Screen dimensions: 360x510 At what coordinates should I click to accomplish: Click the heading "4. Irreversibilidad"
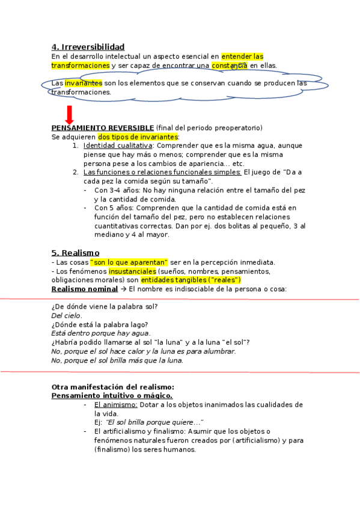pyautogui.click(x=88, y=47)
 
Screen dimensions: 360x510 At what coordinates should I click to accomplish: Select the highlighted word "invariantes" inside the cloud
pyautogui.click(x=84, y=83)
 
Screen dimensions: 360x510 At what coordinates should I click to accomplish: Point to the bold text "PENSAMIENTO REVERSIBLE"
pyautogui.click(x=102, y=128)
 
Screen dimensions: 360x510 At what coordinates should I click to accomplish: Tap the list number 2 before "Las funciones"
pyautogui.click(x=76, y=172)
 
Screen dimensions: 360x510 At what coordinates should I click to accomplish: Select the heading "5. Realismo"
pyautogui.click(x=76, y=253)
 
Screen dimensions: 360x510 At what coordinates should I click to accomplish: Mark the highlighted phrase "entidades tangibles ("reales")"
pyautogui.click(x=191, y=280)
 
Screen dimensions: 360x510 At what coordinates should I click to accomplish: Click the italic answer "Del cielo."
pyautogui.click(x=67, y=316)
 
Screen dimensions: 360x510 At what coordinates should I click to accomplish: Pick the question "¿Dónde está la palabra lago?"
pyautogui.click(x=100, y=325)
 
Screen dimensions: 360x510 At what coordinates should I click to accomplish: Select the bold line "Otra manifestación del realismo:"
pyautogui.click(x=113, y=387)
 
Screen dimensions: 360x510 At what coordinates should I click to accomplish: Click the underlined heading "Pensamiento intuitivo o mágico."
pyautogui.click(x=112, y=396)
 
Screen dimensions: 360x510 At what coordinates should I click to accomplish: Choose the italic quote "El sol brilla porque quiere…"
pyautogui.click(x=154, y=422)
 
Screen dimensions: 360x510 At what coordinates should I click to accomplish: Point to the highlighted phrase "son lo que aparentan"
pyautogui.click(x=129, y=262)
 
